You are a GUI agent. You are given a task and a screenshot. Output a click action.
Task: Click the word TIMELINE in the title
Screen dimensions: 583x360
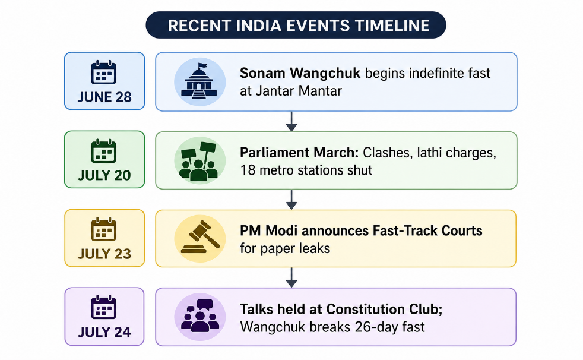pyautogui.click(x=392, y=26)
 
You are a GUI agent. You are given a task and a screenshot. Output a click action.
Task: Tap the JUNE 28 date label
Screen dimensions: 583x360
pyautogui.click(x=104, y=97)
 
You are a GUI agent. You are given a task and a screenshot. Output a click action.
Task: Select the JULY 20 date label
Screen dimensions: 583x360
pyautogui.click(x=104, y=175)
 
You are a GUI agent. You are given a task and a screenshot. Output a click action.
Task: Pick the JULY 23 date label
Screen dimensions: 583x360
pyautogui.click(x=104, y=254)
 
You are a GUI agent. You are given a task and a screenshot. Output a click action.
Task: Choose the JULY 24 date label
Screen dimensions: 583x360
pyautogui.click(x=104, y=331)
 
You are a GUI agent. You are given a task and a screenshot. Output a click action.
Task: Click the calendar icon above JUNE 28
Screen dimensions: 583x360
pyautogui.click(x=104, y=72)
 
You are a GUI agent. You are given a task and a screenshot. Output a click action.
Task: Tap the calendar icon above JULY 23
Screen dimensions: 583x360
pyautogui.click(x=104, y=229)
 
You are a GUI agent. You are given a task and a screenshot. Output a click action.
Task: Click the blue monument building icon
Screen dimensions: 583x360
pyautogui.click(x=199, y=81)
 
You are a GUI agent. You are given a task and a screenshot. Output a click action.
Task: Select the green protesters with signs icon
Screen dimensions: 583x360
pyautogui.click(x=199, y=160)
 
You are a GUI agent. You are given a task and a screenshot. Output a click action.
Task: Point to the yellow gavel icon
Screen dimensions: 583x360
pyautogui.click(x=199, y=239)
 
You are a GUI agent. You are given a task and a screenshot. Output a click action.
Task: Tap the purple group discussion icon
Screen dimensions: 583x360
pyautogui.click(x=199, y=317)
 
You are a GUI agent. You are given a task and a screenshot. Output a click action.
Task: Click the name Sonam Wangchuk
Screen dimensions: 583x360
pyautogui.click(x=300, y=73)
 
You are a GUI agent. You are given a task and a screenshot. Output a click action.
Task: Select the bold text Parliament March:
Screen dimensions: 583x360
pyautogui.click(x=299, y=153)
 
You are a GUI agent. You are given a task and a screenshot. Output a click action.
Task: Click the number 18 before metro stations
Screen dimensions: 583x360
pyautogui.click(x=248, y=170)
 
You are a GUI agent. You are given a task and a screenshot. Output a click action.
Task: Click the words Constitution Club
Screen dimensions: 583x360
pyautogui.click(x=385, y=309)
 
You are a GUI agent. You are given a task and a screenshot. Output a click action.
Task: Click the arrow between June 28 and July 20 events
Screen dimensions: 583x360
pyautogui.click(x=291, y=121)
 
